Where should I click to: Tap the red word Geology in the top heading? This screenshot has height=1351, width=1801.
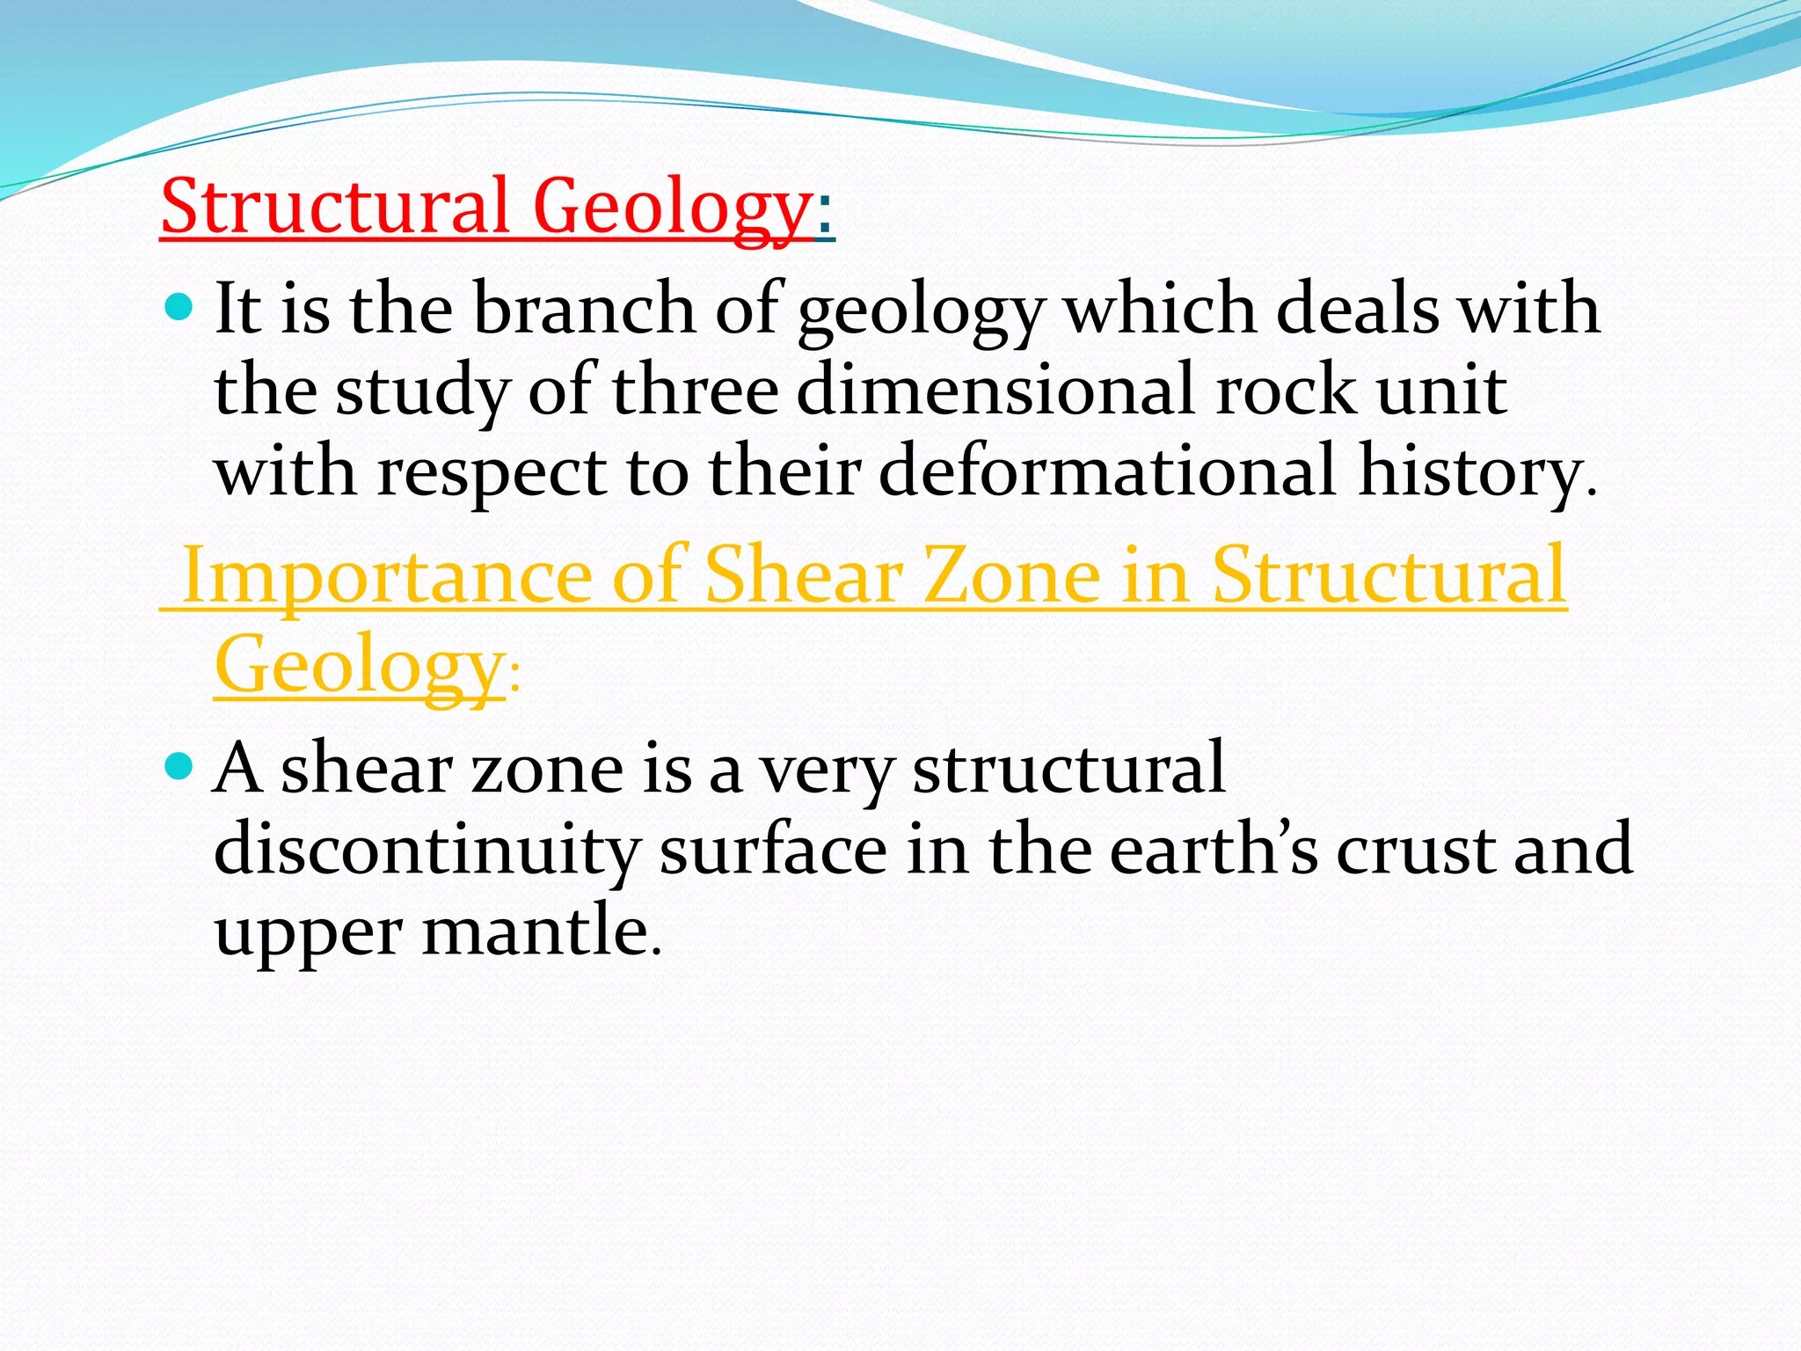click(672, 209)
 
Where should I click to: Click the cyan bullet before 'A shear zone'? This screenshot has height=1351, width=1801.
click(179, 766)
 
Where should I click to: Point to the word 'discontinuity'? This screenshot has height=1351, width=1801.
click(426, 851)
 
